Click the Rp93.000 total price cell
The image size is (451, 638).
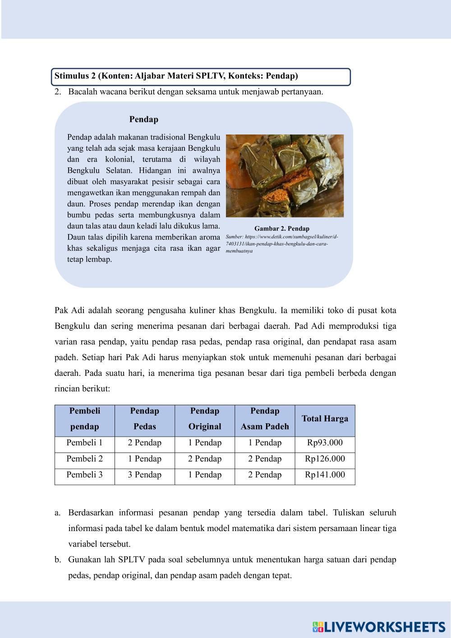point(325,443)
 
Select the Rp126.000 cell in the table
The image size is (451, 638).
point(325,459)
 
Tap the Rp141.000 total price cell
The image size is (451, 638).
point(325,475)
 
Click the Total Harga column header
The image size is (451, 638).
point(325,419)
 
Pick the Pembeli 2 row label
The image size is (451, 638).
point(85,459)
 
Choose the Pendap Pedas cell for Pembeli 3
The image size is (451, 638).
point(145,475)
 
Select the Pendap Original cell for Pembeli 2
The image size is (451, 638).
point(205,459)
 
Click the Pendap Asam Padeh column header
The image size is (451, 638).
point(265,419)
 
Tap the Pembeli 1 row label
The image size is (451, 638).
point(85,443)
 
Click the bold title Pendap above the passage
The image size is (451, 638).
point(143,120)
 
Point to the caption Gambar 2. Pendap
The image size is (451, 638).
point(282,229)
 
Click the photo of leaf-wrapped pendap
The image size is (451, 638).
point(285,176)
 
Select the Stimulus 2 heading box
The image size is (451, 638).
point(201,76)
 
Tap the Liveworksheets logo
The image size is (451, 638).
point(379,627)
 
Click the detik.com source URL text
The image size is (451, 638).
point(282,244)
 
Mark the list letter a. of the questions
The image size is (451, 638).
point(58,513)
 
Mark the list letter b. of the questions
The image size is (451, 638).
point(58,560)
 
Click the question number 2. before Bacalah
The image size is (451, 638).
point(57,92)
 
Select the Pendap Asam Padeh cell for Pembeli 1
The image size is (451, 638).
point(265,443)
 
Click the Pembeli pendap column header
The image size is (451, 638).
point(85,419)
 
